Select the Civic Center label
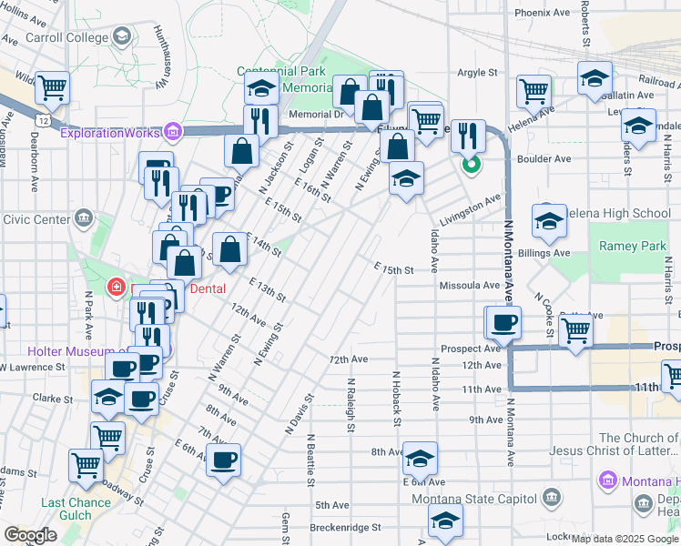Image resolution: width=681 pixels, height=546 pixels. click(37, 218)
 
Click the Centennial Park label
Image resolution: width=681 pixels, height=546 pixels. click(282, 71)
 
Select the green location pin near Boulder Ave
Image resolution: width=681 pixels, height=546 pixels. click(471, 165)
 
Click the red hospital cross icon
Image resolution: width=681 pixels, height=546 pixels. click(116, 288)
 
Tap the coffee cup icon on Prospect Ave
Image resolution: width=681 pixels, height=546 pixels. click(503, 321)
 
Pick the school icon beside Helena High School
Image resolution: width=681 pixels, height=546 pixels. click(549, 220)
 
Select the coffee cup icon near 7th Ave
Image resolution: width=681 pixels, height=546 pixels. click(223, 460)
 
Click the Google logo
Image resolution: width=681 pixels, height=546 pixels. click(30, 536)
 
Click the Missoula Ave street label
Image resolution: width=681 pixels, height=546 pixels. click(470, 285)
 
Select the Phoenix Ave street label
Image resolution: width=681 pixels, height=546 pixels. click(542, 14)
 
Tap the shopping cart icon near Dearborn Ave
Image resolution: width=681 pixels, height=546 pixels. click(53, 88)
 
